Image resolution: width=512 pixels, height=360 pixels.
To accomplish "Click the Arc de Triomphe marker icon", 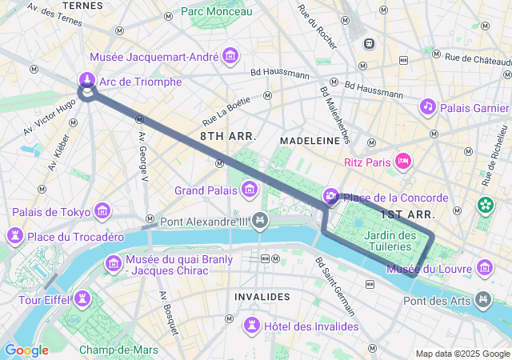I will (x=86, y=79).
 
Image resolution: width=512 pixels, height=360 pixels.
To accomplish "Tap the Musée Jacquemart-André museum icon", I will (x=231, y=56).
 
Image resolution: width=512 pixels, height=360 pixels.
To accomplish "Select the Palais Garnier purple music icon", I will (x=428, y=106).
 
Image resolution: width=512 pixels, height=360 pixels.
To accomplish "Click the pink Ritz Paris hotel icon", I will (x=404, y=162).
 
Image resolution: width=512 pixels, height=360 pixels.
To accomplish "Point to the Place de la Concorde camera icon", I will (x=331, y=197).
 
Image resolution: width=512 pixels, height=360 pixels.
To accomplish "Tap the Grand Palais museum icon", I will (x=250, y=190).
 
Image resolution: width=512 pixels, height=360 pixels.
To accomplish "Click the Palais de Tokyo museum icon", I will (x=102, y=211).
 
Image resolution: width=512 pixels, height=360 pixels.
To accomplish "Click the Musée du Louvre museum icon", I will (x=484, y=267).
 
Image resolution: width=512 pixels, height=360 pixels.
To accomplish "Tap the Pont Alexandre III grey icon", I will (x=259, y=220).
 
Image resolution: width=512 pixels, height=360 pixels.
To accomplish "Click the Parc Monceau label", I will (x=216, y=11).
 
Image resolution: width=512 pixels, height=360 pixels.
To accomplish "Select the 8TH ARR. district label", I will (x=228, y=137).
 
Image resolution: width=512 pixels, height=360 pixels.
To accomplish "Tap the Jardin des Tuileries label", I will (x=390, y=241).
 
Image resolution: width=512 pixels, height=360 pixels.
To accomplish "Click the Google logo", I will (x=26, y=350).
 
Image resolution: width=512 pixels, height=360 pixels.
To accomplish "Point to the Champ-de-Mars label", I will (x=118, y=350).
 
